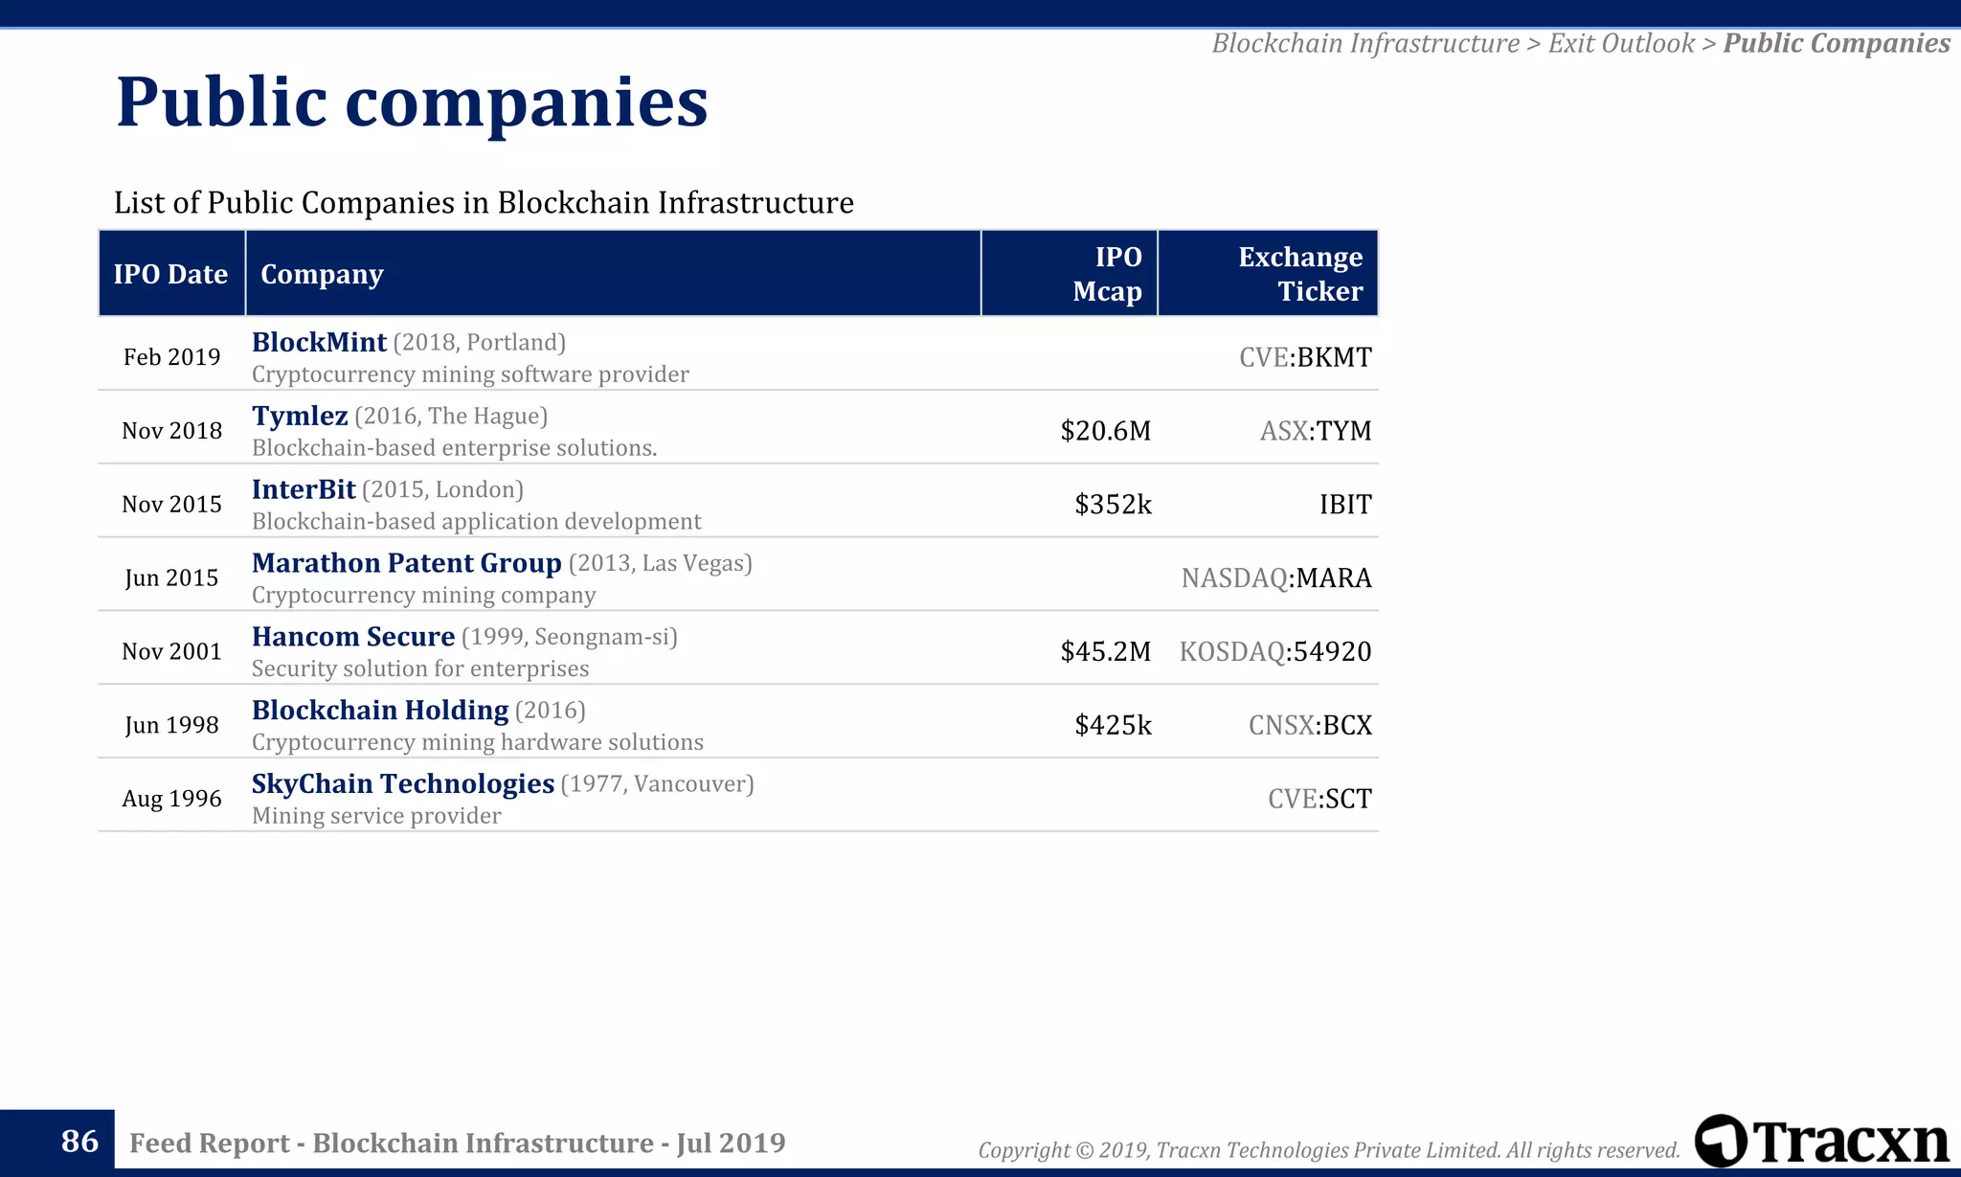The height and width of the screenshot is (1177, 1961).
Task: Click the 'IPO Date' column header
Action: point(170,274)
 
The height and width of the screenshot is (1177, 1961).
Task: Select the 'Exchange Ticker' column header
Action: point(1299,274)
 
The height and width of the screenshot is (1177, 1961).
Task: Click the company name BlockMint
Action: point(319,342)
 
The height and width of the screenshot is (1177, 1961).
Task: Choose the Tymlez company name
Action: point(300,416)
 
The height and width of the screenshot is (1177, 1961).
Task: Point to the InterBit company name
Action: point(304,489)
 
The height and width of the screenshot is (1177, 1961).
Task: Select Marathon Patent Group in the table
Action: point(406,563)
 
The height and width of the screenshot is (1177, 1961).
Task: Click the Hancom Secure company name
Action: point(352,637)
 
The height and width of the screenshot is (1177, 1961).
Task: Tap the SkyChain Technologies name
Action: point(402,783)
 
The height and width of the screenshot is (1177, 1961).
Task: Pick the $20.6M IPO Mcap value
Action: point(1105,431)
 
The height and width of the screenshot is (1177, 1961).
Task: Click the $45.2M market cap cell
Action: point(1105,651)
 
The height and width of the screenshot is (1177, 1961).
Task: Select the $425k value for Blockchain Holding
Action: point(1113,725)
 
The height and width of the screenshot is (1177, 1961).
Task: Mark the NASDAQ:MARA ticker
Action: point(1275,577)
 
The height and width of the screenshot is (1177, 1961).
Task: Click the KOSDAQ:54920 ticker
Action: point(1274,651)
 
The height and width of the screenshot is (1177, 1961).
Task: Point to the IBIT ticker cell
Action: point(1344,505)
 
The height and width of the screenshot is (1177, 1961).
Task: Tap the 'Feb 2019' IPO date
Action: point(171,357)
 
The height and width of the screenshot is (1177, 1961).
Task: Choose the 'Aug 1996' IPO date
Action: point(171,799)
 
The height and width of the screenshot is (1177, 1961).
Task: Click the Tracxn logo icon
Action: point(1721,1141)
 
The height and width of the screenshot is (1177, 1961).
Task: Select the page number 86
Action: point(79,1141)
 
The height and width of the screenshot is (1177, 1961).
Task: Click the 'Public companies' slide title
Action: point(412,102)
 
